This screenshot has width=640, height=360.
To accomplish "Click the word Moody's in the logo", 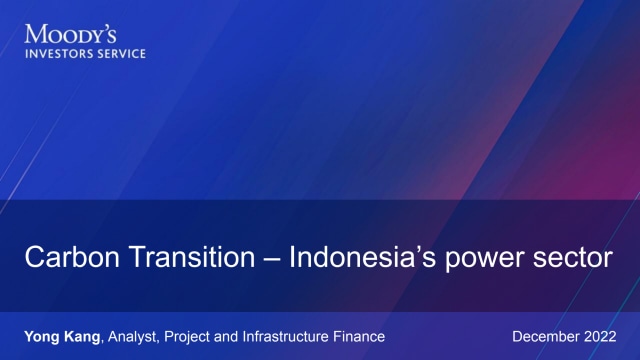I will click(67, 35).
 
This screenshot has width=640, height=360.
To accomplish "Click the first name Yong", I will click(42, 336).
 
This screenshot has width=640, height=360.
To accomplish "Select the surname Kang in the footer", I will click(84, 336).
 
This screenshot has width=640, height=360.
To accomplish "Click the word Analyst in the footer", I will click(134, 336).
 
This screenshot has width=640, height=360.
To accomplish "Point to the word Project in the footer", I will click(190, 336).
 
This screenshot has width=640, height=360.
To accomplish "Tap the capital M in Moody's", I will click(34, 35).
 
